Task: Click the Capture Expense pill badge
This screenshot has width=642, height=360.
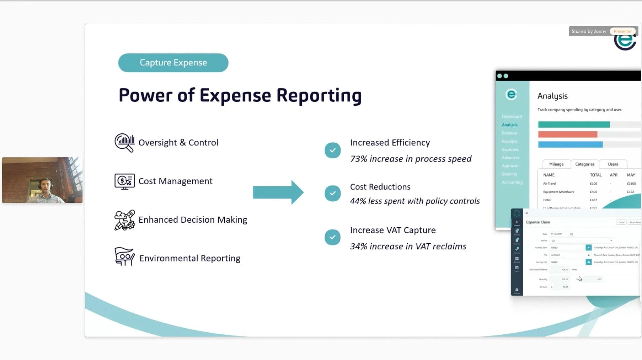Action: pos(173,63)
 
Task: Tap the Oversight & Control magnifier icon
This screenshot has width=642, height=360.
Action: pos(124,143)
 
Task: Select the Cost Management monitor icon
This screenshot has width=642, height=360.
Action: pos(124,181)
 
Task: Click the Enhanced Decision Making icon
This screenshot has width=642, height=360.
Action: pos(124,220)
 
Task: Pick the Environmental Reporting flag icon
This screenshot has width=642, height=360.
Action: pos(124,256)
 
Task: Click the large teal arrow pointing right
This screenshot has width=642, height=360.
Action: pos(278,192)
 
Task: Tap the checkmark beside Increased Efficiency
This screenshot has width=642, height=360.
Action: pos(332,150)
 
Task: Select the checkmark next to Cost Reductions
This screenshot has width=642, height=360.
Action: pos(332,193)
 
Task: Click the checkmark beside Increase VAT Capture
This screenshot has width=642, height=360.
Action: pos(332,237)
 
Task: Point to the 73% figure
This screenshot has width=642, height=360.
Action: pos(358,159)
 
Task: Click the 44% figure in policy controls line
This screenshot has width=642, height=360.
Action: pos(358,201)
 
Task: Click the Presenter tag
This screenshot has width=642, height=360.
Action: pos(622,31)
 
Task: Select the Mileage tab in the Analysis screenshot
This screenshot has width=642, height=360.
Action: pos(556,164)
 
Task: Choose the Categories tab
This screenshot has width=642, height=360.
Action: pos(584,164)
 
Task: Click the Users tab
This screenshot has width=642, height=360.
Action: pos(612,164)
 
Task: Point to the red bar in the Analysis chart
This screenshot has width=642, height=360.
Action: pos(567,134)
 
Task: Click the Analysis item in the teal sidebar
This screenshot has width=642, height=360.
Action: pos(509,125)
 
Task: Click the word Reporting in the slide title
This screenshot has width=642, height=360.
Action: pos(319,95)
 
